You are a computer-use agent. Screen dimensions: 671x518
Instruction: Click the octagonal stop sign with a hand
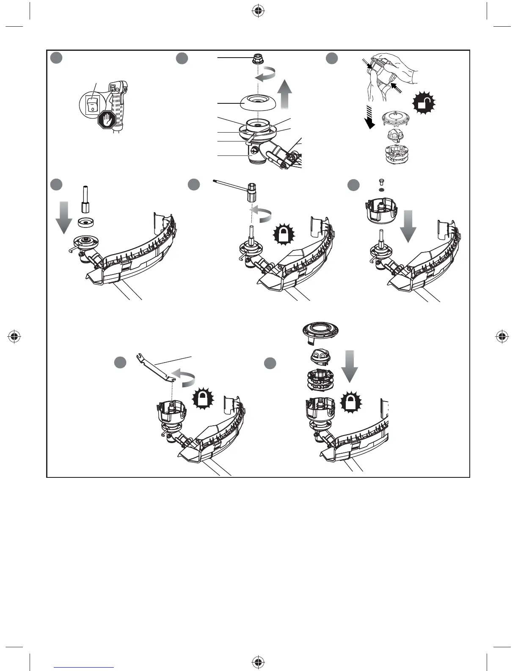[107, 120]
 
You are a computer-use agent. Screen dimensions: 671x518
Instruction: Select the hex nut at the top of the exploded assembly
[257, 59]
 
